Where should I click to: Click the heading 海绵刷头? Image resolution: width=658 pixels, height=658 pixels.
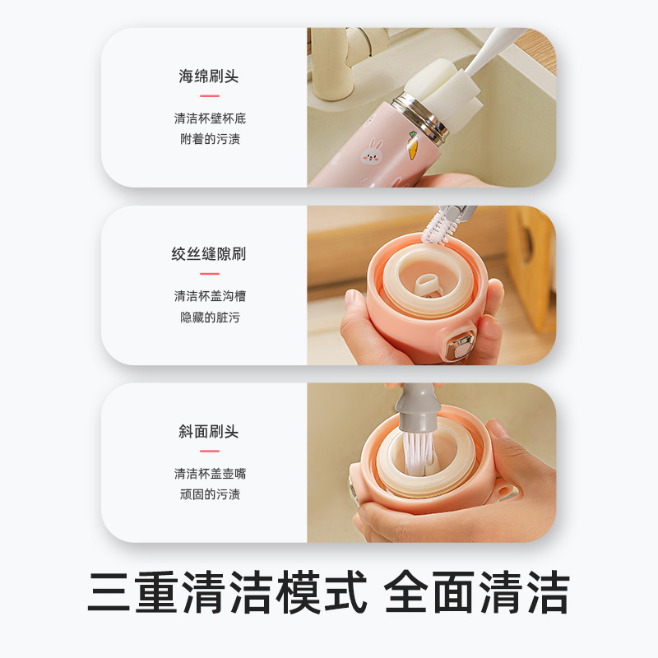[x=209, y=76]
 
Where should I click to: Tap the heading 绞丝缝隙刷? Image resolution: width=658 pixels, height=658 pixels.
[x=209, y=254]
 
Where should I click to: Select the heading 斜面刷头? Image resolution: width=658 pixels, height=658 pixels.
[x=209, y=432]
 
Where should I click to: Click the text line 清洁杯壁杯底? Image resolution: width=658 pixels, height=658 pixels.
[x=210, y=118]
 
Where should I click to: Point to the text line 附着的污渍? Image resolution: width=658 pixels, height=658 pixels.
[x=210, y=139]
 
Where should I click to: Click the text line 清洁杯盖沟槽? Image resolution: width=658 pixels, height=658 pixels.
[x=210, y=295]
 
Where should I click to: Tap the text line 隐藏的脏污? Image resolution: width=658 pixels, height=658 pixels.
[x=210, y=317]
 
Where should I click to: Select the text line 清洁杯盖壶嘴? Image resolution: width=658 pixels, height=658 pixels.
[x=210, y=473]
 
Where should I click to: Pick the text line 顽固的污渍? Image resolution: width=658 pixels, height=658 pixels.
[x=210, y=494]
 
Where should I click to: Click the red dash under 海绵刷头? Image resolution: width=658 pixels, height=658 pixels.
[x=210, y=96]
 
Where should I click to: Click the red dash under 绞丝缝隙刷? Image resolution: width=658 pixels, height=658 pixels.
[x=210, y=274]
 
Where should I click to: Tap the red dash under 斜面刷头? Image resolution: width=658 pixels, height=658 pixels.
[x=210, y=451]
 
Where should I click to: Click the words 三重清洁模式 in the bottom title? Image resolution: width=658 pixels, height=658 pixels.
[x=227, y=591]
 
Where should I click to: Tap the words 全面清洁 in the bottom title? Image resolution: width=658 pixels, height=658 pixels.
[x=477, y=591]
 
